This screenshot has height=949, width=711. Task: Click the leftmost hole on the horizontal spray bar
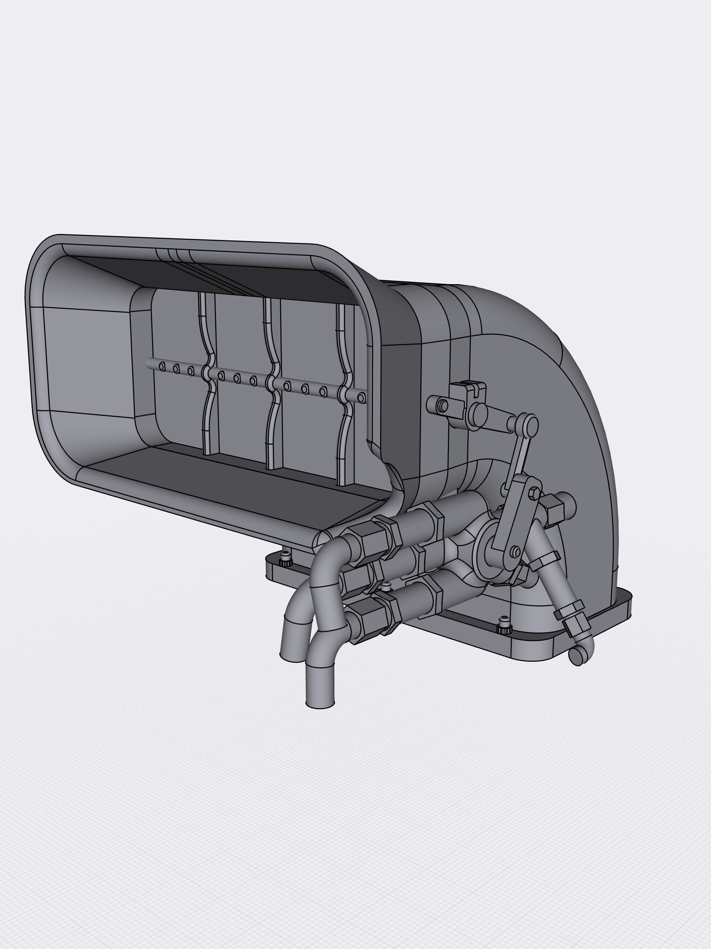pyautogui.click(x=162, y=366)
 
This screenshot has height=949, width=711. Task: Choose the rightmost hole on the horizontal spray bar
pyautogui.click(x=361, y=398)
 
